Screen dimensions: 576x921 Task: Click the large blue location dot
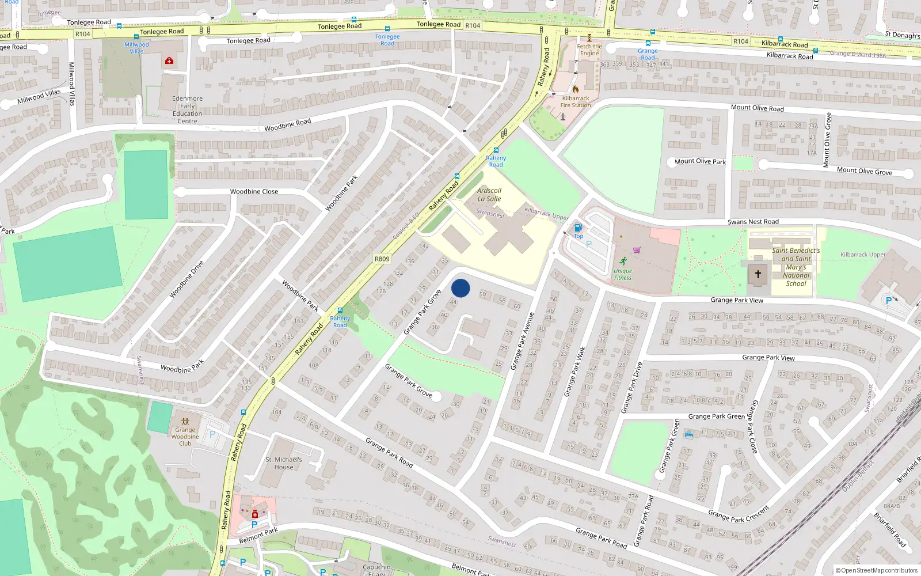[x=461, y=288]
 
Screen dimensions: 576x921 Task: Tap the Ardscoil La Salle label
[x=489, y=195]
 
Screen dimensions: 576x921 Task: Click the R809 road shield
[x=382, y=259]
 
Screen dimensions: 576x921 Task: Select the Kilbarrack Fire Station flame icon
[x=575, y=89]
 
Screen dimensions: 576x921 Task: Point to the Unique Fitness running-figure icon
[x=623, y=261]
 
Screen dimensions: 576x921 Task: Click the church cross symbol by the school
[x=758, y=274]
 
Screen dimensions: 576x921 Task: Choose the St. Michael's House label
[x=283, y=463]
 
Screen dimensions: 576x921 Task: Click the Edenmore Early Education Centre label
[x=187, y=109]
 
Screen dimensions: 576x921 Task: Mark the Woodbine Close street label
[x=254, y=192]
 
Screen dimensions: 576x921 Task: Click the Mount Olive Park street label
[x=700, y=161]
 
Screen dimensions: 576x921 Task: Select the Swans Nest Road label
[x=753, y=222]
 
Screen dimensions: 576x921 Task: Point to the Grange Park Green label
[x=716, y=416]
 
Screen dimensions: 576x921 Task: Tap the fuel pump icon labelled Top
[x=578, y=228]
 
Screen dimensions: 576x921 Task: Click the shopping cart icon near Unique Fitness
[x=637, y=250]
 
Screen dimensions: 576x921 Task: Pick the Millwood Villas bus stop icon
[x=119, y=26]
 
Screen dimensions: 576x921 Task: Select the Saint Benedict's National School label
[x=796, y=267]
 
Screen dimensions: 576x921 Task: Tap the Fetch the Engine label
[x=589, y=50]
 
